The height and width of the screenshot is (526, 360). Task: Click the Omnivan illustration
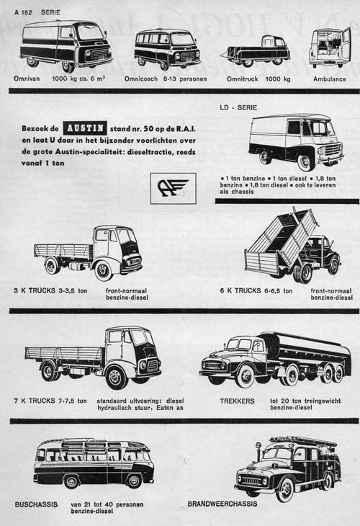(66, 45)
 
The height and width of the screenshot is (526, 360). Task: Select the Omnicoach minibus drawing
(167, 48)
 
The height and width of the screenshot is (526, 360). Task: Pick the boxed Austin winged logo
(173, 188)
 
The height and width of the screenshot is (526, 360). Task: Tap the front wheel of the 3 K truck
(104, 270)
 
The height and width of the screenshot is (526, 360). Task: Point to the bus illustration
(93, 463)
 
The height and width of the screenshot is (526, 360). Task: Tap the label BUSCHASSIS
(36, 504)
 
